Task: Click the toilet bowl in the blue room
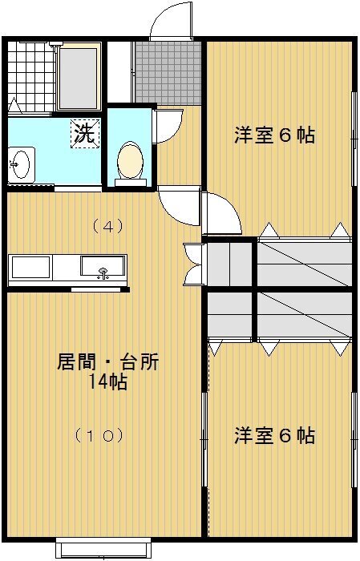click(x=130, y=160)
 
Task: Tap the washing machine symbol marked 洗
click(x=85, y=133)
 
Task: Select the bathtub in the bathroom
click(x=79, y=78)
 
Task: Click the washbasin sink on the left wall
click(x=20, y=164)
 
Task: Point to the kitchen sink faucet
click(x=103, y=273)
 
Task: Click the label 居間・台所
click(x=107, y=361)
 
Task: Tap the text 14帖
click(x=107, y=382)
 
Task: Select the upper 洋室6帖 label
click(x=275, y=135)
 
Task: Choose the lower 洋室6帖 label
click(x=275, y=435)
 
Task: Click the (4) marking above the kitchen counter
click(x=107, y=226)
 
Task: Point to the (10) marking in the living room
click(x=99, y=435)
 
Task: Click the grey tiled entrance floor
click(x=168, y=73)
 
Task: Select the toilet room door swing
click(x=168, y=126)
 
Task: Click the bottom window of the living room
click(x=103, y=547)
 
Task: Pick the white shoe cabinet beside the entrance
click(x=119, y=73)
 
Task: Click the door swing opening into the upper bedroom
click(x=221, y=214)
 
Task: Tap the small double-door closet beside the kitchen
click(x=193, y=264)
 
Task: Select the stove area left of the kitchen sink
click(x=30, y=267)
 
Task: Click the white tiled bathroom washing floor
click(x=30, y=77)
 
